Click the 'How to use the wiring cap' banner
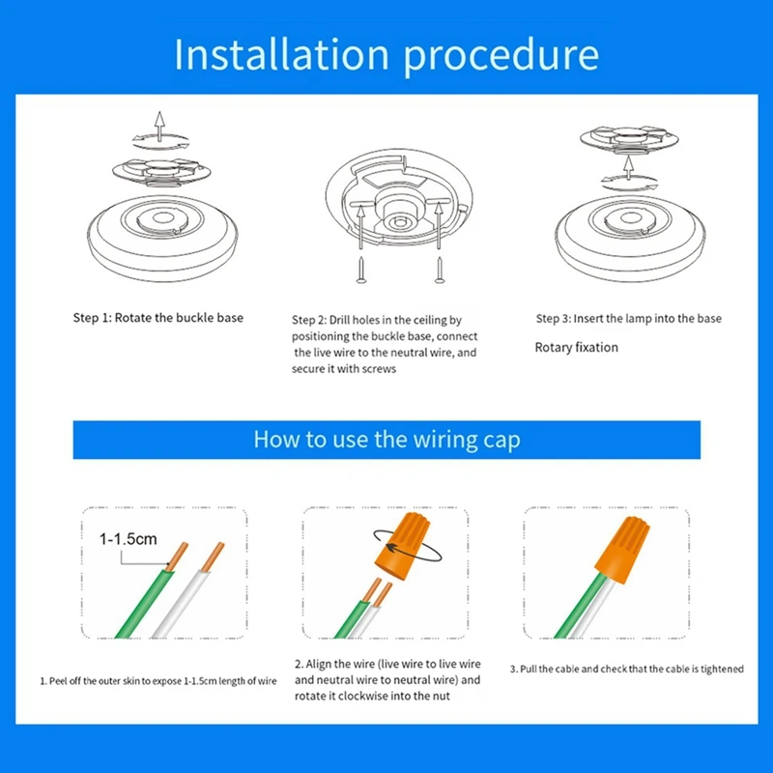pos(386,440)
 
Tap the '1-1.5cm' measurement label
pos(128,540)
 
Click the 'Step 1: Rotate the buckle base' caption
pos(158,318)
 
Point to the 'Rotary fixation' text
pos(576,347)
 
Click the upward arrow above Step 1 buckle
pos(160,124)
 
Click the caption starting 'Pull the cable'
pos(626,670)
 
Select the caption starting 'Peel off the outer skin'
pos(158,681)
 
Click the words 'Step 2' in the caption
pos(310,319)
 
